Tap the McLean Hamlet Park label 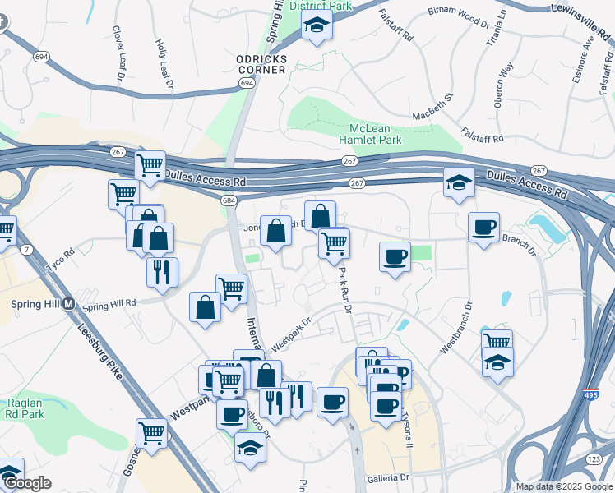(376, 135)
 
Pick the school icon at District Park (316, 25)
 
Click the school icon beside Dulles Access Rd (458, 184)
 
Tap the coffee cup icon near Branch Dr (483, 227)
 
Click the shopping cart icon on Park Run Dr (334, 242)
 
